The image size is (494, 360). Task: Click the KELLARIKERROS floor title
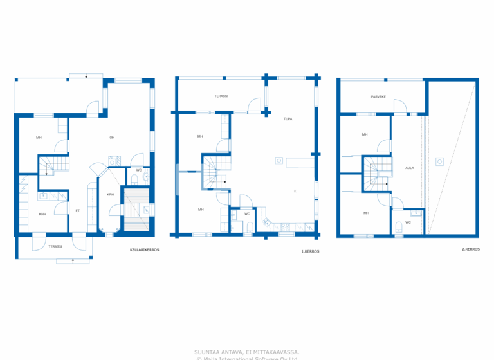pyautogui.click(x=144, y=249)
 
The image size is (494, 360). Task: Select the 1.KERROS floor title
pyautogui.click(x=310, y=251)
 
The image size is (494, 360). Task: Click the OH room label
pyautogui.click(x=111, y=138)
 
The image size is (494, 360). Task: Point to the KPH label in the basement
pyautogui.click(x=110, y=194)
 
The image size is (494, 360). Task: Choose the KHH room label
pyautogui.click(x=42, y=214)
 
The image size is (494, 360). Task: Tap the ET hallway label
pyautogui.click(x=77, y=210)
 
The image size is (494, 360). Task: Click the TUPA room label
pyautogui.click(x=288, y=119)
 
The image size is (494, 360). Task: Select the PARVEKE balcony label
pyautogui.click(x=378, y=97)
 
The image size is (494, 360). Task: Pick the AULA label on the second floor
pyautogui.click(x=409, y=168)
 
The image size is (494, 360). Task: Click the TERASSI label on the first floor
pyautogui.click(x=221, y=96)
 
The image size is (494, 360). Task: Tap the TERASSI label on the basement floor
pyautogui.click(x=55, y=246)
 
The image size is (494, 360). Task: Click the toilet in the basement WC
pyautogui.click(x=133, y=179)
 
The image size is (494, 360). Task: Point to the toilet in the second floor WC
pyautogui.click(x=399, y=225)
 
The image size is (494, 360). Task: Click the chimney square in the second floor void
pyautogui.click(x=439, y=161)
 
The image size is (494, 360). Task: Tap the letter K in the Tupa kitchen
pyautogui.click(x=295, y=192)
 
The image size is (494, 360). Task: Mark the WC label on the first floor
pyautogui.click(x=247, y=214)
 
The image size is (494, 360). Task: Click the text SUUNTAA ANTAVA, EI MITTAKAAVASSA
pyautogui.click(x=246, y=352)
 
